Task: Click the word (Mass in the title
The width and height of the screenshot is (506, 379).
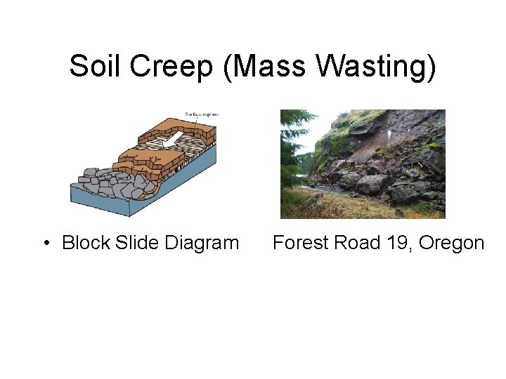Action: pos(264,67)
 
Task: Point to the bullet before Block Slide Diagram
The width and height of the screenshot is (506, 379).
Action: pos(46,244)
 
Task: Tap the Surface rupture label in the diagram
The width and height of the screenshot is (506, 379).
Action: pos(202,114)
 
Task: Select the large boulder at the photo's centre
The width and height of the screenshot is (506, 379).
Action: pos(372,185)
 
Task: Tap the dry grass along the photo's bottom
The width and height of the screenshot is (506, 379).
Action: pos(337,207)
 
